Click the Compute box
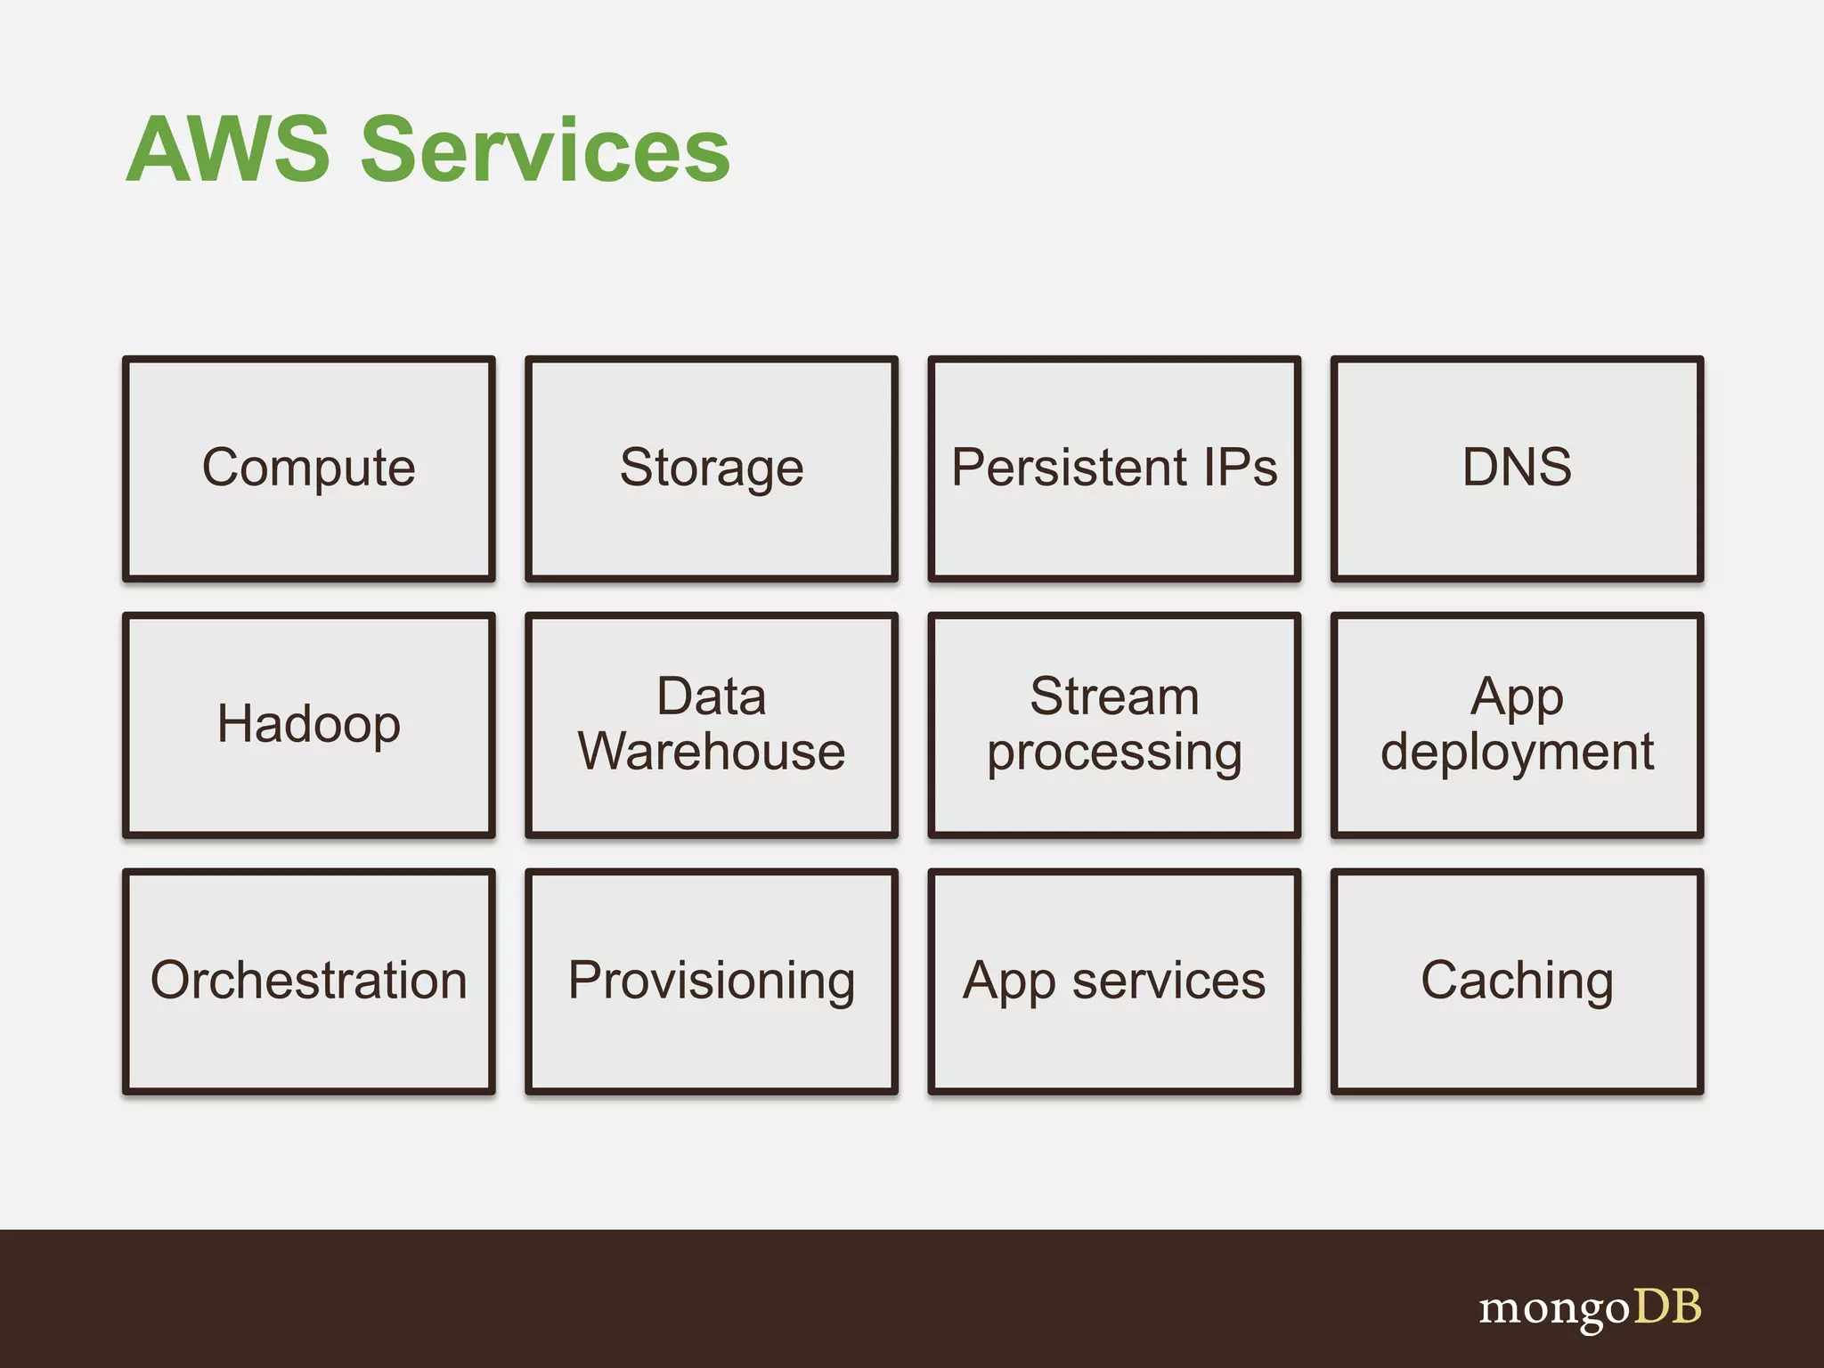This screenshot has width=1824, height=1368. (309, 468)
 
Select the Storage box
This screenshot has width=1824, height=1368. (712, 468)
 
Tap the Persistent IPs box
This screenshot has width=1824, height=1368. (1114, 468)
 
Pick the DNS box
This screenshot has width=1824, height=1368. (1517, 468)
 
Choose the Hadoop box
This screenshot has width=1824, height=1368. (309, 724)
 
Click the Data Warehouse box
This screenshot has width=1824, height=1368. (712, 724)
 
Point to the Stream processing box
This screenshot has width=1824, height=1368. (1114, 724)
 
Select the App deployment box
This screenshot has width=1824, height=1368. (1517, 724)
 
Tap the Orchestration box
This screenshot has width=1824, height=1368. (309, 981)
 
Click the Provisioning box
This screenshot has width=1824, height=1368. (712, 981)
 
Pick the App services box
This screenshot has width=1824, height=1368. (1114, 981)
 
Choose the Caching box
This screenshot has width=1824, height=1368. (1517, 981)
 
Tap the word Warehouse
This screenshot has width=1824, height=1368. (712, 752)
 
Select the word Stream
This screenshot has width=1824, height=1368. (1114, 696)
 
